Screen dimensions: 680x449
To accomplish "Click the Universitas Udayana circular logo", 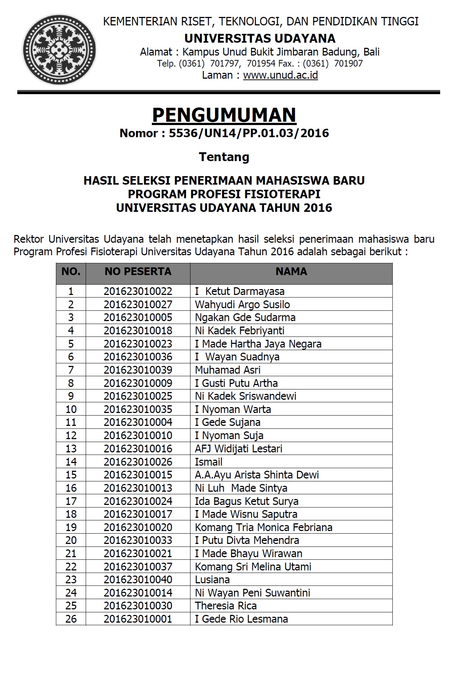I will [59, 50].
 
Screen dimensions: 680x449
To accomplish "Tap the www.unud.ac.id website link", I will [280, 75].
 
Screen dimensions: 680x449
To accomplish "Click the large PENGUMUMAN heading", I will [224, 115].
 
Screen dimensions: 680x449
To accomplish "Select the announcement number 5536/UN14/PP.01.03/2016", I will [249, 133].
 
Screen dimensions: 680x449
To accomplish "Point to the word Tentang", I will [224, 157].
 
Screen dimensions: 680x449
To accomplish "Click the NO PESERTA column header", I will [138, 271].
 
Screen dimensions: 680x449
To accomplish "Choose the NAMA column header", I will [291, 271].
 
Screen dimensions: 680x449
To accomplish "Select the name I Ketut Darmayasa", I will [240, 291].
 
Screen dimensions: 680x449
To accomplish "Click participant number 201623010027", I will [138, 305].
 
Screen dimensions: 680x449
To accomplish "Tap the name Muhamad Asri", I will [228, 370].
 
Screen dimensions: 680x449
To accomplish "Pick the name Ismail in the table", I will [209, 462].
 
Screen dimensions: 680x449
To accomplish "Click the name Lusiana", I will [212, 580].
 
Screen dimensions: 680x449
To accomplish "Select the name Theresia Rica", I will [226, 606].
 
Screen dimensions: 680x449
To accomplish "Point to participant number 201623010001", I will [138, 619].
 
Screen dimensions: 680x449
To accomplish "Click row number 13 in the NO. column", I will [71, 449].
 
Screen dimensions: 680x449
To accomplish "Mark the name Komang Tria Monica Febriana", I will [263, 527].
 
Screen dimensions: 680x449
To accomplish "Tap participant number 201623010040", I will [138, 580].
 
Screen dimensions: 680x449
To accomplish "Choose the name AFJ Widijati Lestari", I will [239, 449].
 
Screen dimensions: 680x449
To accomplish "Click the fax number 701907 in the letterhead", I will [348, 64].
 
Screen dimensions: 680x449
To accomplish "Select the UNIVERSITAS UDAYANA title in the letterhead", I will [260, 38].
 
